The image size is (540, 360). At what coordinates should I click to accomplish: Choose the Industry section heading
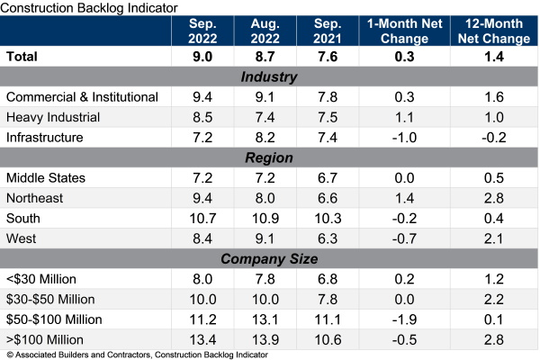[270, 76]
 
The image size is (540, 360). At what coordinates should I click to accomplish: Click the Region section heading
[270, 157]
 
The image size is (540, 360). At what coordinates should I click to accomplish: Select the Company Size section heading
[270, 259]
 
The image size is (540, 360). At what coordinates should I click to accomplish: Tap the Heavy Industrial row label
[53, 117]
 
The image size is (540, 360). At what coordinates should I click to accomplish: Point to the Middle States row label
[46, 178]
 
